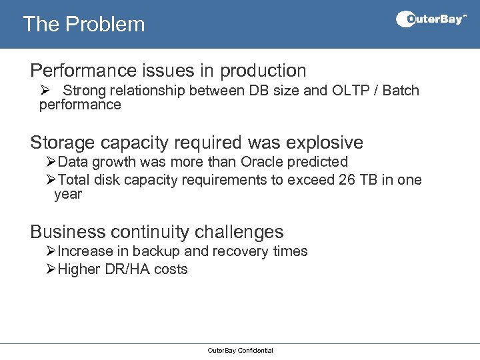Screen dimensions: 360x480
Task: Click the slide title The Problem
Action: (x=83, y=24)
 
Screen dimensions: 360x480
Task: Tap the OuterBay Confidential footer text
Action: (x=240, y=350)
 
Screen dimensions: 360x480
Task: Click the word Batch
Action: (x=401, y=91)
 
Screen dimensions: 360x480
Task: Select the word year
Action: (x=68, y=194)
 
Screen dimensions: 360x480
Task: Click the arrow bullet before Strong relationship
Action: (x=45, y=91)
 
